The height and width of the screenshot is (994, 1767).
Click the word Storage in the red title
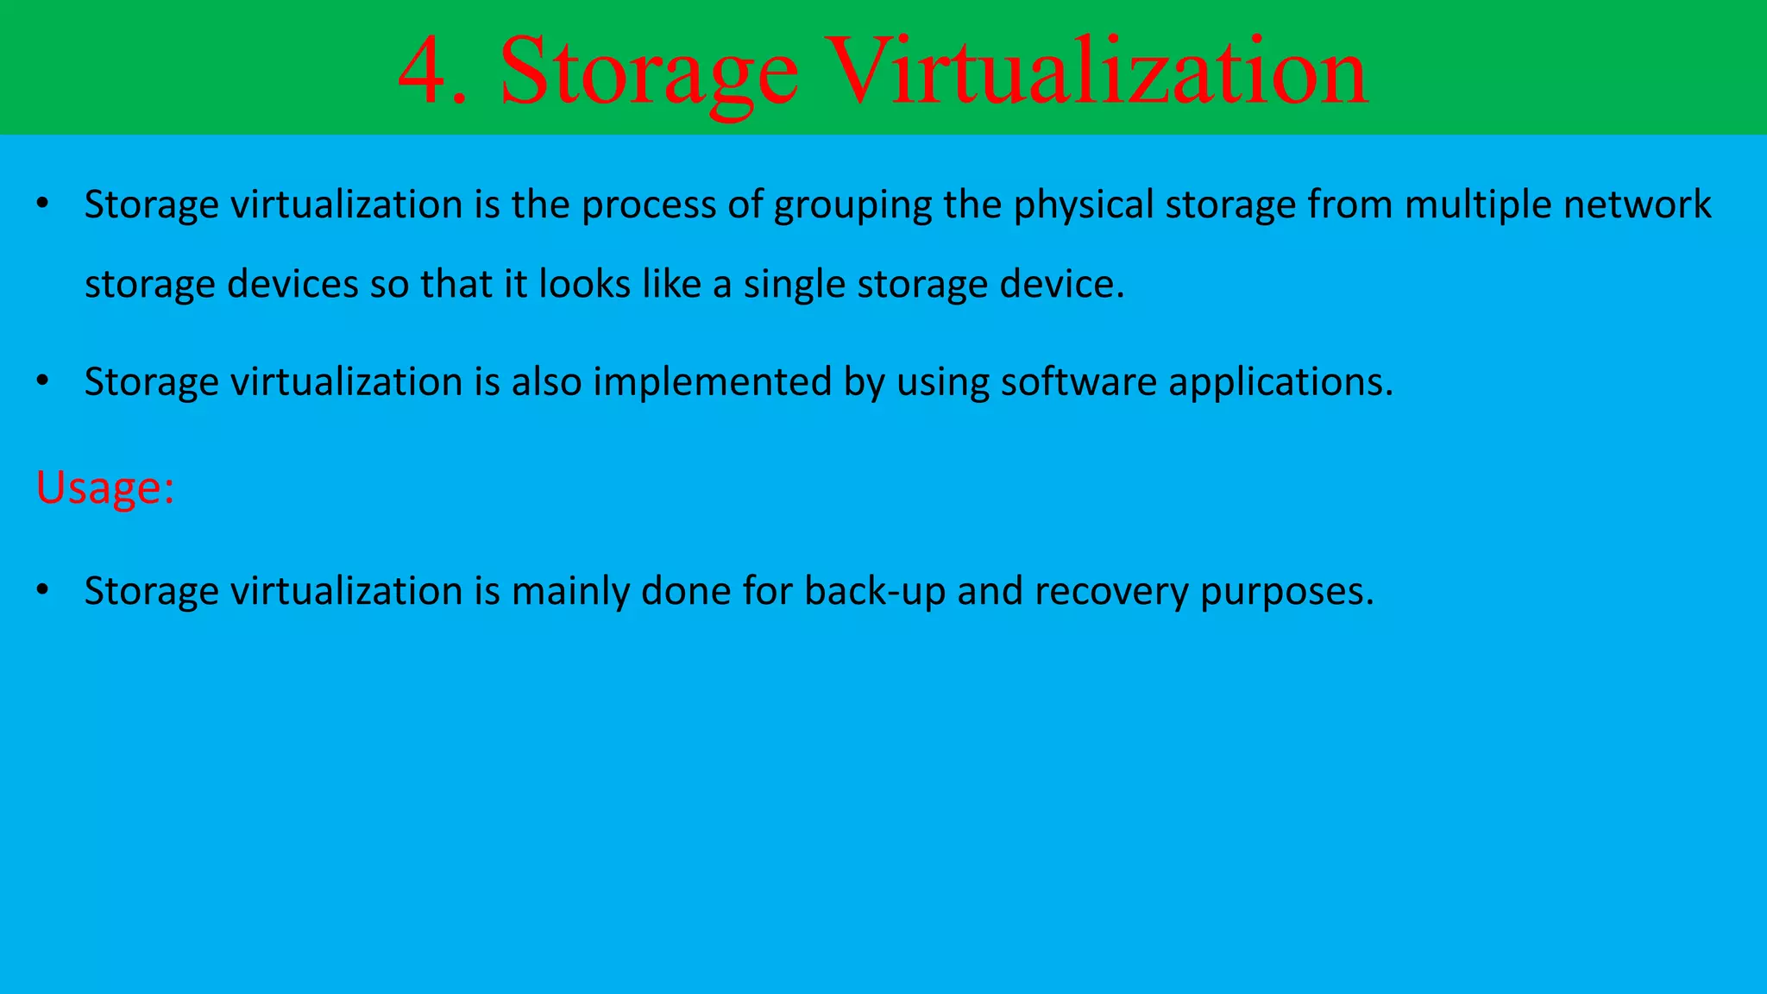tap(649, 74)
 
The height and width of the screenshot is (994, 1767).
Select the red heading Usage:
tap(105, 487)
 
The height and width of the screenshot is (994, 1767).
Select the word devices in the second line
tap(292, 284)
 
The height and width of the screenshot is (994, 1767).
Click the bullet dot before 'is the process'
tap(43, 204)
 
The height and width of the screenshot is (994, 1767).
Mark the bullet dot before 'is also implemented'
tap(43, 381)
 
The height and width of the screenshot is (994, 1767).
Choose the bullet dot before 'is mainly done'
tap(43, 590)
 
